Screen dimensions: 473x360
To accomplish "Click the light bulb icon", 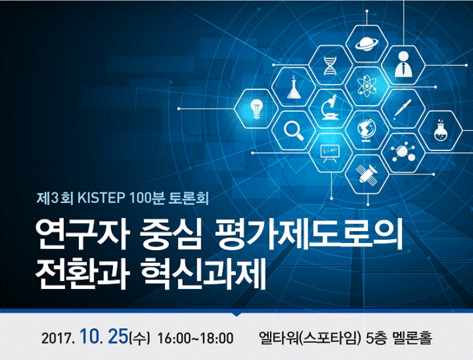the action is pyautogui.click(x=256, y=109).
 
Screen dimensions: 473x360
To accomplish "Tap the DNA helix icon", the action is pyautogui.click(x=330, y=66).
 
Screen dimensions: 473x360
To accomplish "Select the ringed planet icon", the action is pyautogui.click(x=366, y=44).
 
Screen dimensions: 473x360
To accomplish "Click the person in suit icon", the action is pyautogui.click(x=403, y=64).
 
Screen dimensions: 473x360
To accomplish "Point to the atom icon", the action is pyautogui.click(x=367, y=87).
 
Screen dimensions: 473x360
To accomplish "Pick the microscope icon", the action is pyautogui.click(x=330, y=107).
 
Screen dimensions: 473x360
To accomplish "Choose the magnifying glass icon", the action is pyautogui.click(x=293, y=130).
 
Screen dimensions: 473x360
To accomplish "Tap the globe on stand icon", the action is pyautogui.click(x=366, y=130).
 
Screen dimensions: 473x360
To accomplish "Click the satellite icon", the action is pyautogui.click(x=367, y=174).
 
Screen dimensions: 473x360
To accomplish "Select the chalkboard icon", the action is pyautogui.click(x=330, y=153).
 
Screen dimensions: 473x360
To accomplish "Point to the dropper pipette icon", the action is pyautogui.click(x=403, y=109).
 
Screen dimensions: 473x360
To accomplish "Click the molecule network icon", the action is pyautogui.click(x=403, y=152).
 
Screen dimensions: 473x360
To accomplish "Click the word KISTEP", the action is pyautogui.click(x=102, y=198).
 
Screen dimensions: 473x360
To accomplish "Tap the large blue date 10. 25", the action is pyautogui.click(x=104, y=337).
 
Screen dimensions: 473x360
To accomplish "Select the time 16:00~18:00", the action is pyautogui.click(x=195, y=338).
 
